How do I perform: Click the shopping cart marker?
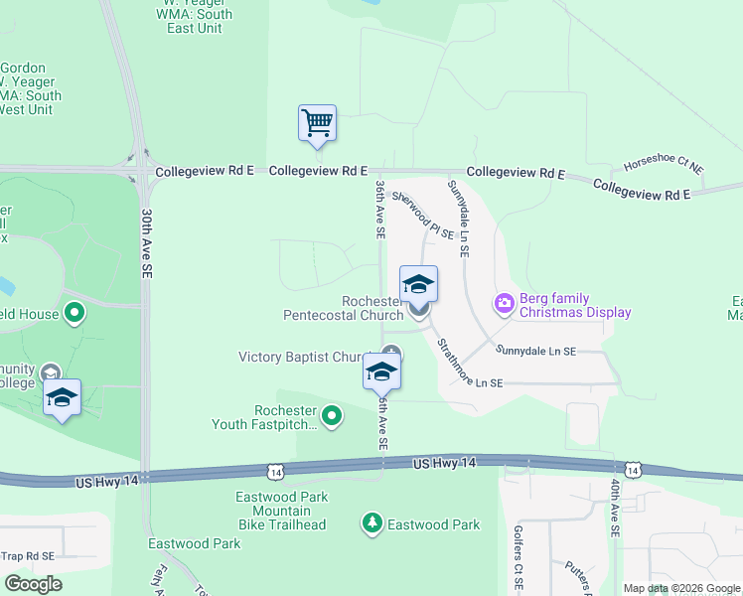[x=317, y=124]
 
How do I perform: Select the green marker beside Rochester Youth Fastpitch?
[x=333, y=415]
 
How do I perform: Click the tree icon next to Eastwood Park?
[x=372, y=523]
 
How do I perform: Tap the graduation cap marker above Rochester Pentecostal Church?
[x=418, y=284]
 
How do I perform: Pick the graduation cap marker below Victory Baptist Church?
[x=381, y=372]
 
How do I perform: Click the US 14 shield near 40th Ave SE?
[x=632, y=469]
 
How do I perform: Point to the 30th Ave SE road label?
[x=147, y=242]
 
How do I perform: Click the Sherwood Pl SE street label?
[x=422, y=216]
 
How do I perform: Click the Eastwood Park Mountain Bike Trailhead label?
[x=281, y=511]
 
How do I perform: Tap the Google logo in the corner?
[x=33, y=584]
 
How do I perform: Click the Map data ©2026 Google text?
[x=680, y=588]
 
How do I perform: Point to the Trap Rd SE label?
[x=28, y=556]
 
